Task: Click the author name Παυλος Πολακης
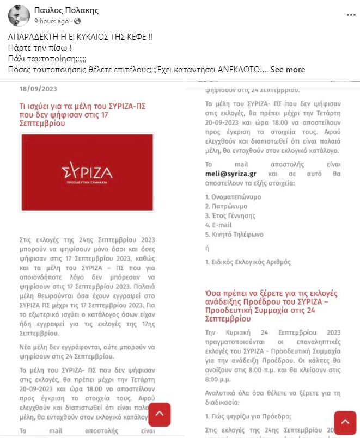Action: pyautogui.click(x=66, y=10)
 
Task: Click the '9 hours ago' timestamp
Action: pyautogui.click(x=51, y=21)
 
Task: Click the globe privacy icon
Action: pyautogui.click(x=77, y=21)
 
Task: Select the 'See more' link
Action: pyautogui.click(x=288, y=70)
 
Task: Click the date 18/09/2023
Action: pyautogui.click(x=38, y=89)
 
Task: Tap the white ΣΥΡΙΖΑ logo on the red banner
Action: pyautogui.click(x=87, y=172)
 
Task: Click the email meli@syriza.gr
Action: pyautogui.click(x=230, y=174)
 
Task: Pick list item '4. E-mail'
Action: pyautogui.click(x=218, y=225)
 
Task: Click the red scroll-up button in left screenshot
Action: pyautogui.click(x=160, y=414)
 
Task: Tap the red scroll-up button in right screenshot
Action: pyautogui.click(x=345, y=423)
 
